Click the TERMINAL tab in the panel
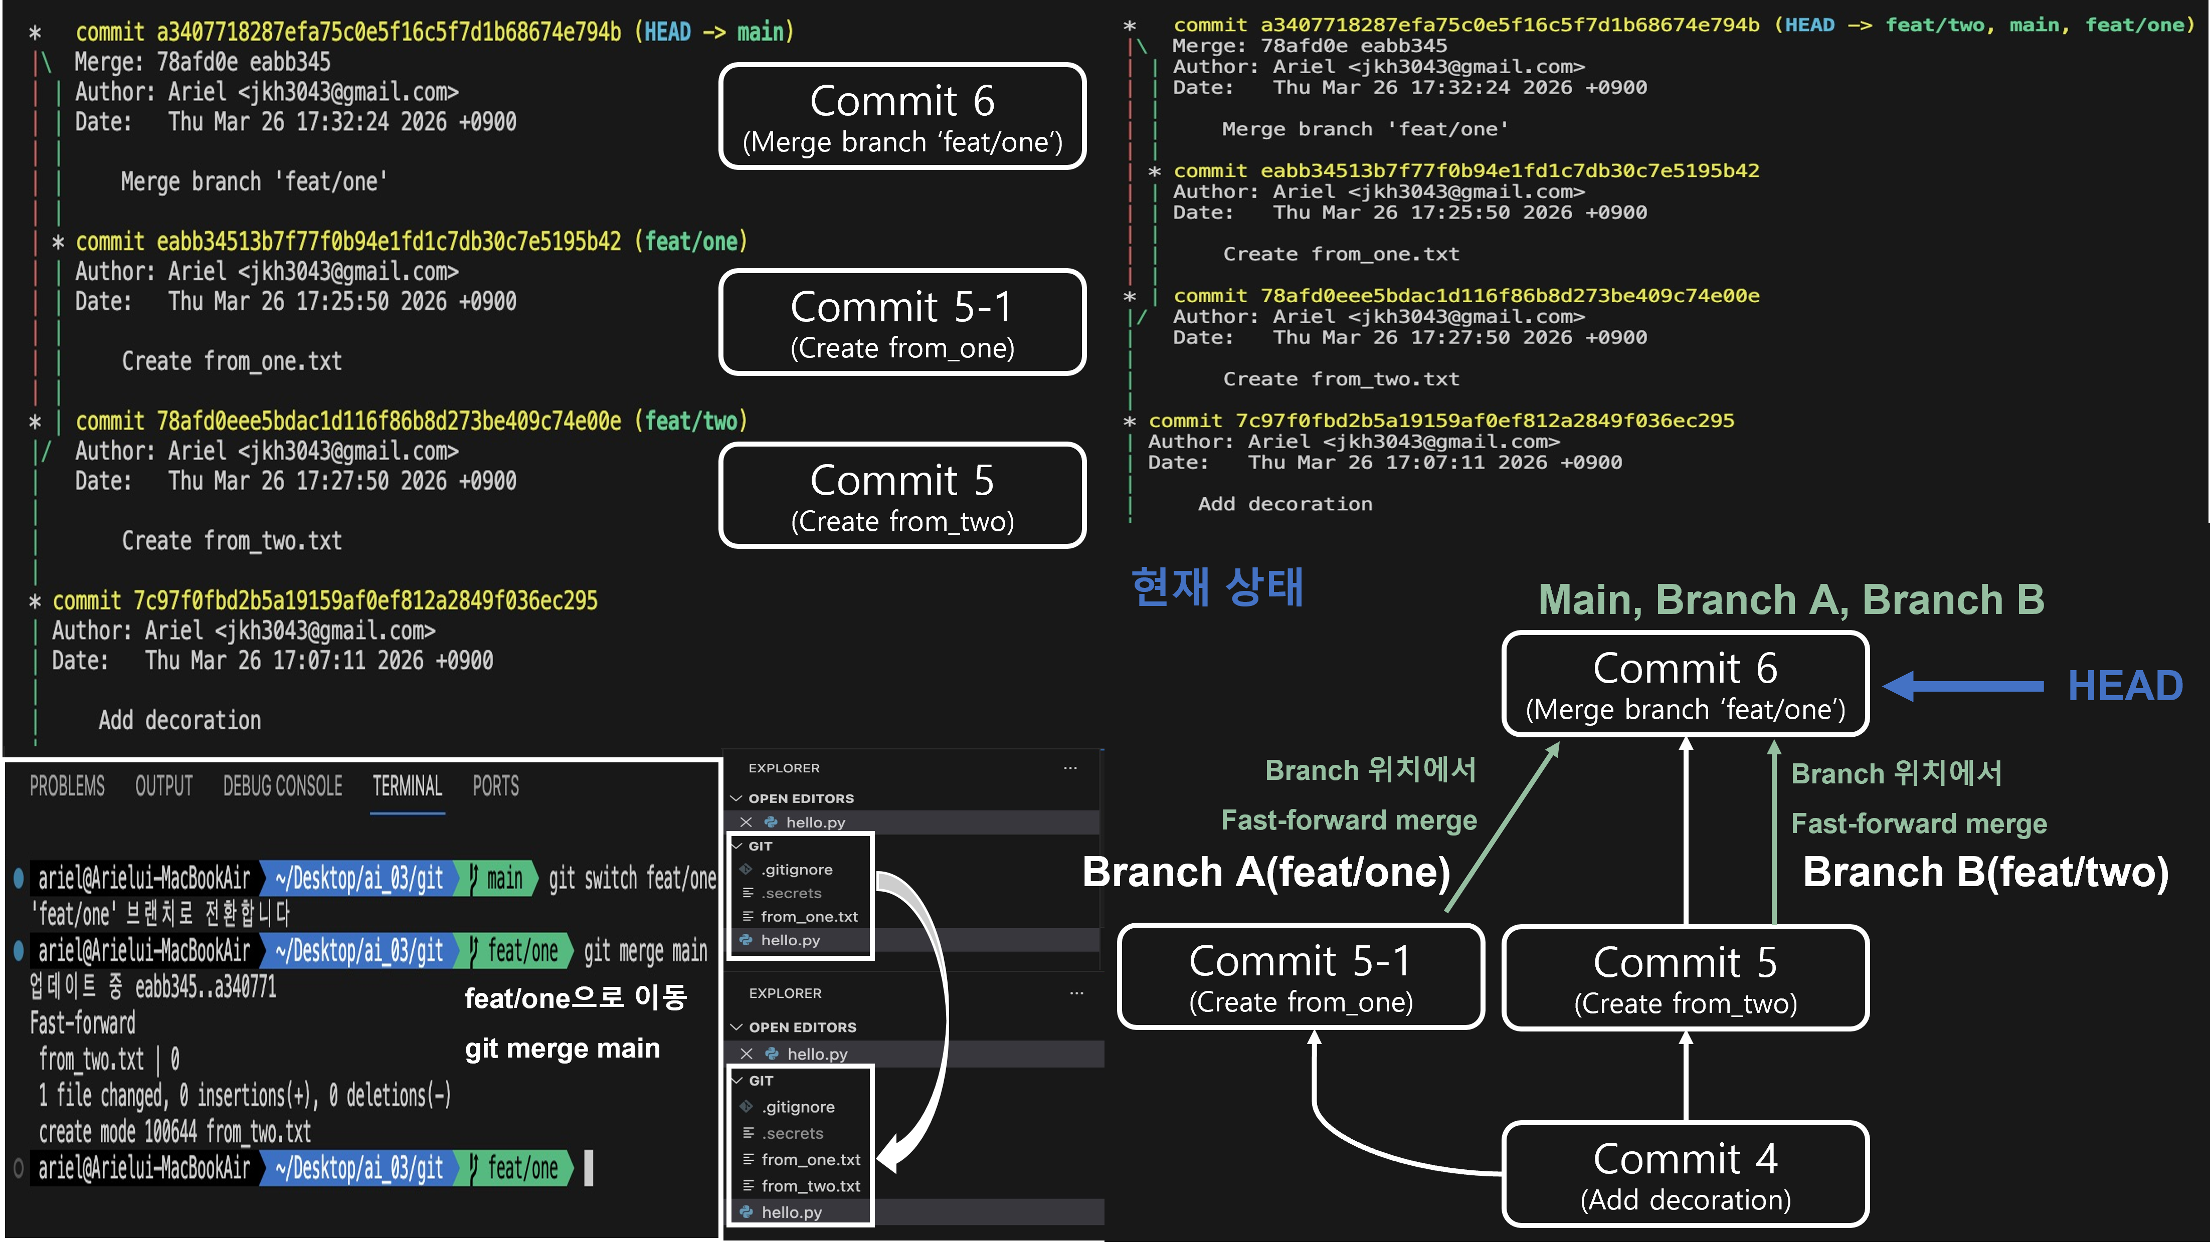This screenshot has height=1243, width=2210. (x=408, y=786)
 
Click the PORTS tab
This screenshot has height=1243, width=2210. (x=496, y=786)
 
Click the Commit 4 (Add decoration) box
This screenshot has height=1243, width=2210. (x=1685, y=1173)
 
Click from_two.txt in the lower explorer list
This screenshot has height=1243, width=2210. (x=810, y=1185)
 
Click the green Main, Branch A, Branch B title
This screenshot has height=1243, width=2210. (x=1791, y=599)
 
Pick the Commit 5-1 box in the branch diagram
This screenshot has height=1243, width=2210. (x=1301, y=976)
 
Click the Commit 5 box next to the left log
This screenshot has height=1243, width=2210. (x=902, y=495)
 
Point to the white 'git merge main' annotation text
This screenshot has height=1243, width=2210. (x=562, y=1048)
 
